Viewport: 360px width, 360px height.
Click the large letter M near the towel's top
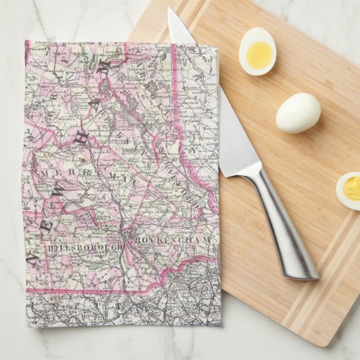pyautogui.click(x=105, y=66)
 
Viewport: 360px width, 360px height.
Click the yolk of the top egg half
pyautogui.click(x=258, y=55)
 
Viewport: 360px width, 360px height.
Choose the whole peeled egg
pyautogui.click(x=298, y=113)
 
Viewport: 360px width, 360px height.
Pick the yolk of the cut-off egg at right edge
pyautogui.click(x=353, y=188)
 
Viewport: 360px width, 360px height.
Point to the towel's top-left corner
pyautogui.click(x=27, y=42)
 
